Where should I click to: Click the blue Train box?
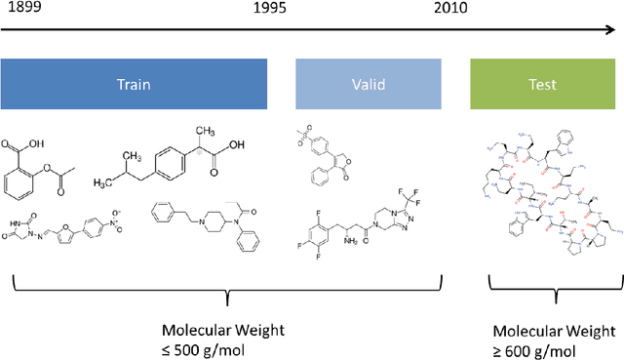pyautogui.click(x=135, y=84)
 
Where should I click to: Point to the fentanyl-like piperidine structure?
pyautogui.click(x=205, y=226)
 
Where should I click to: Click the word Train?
pyautogui.click(x=135, y=84)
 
